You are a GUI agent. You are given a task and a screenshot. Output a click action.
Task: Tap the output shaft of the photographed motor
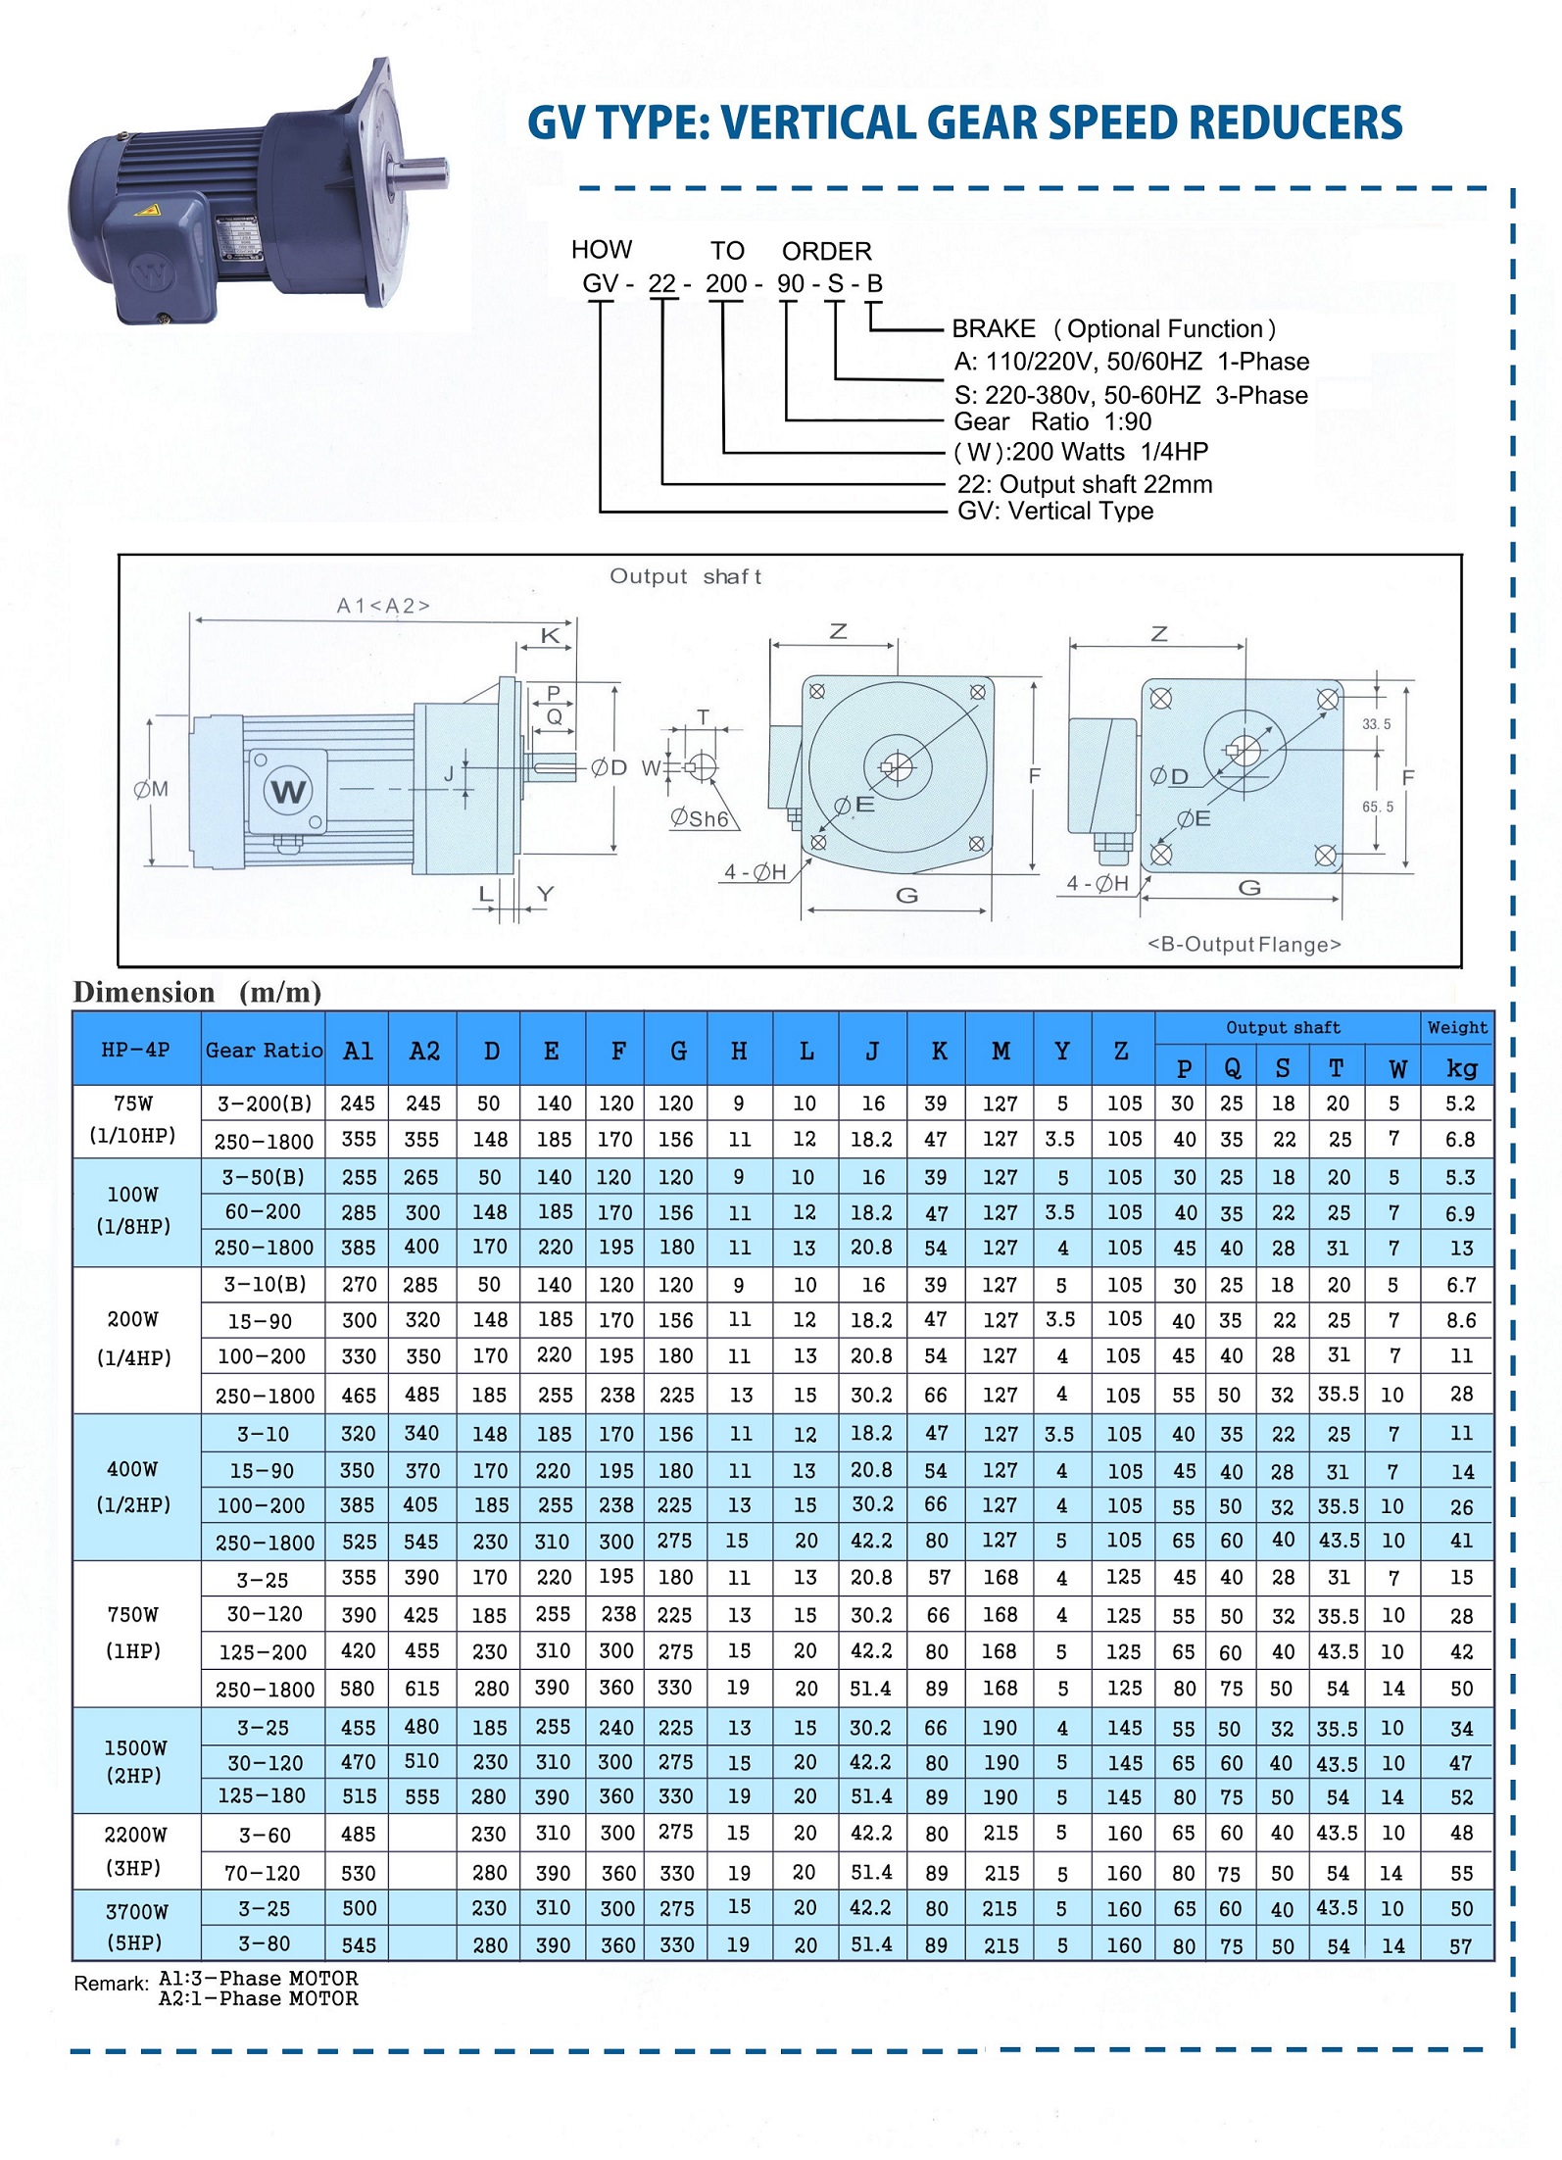point(420,174)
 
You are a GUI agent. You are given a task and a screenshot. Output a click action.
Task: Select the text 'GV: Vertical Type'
point(1055,511)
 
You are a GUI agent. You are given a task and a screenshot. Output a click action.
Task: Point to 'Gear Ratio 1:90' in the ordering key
point(1052,421)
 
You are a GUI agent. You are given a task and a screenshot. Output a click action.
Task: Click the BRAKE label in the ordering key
point(994,328)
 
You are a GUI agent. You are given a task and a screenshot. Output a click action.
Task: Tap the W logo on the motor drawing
point(288,791)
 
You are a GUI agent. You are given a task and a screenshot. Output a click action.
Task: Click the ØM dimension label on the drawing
point(151,789)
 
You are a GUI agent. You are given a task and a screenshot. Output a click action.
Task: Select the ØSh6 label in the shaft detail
point(700,818)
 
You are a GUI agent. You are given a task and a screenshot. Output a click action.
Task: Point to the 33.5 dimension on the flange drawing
point(1376,724)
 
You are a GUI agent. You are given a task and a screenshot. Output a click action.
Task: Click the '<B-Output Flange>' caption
point(1244,944)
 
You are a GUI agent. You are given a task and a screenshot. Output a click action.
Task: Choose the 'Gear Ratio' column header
point(264,1051)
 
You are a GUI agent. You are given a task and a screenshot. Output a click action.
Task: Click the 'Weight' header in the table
point(1457,1027)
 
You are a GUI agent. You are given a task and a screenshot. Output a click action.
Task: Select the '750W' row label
point(133,1614)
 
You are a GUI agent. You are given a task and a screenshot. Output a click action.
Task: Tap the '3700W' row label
point(136,1911)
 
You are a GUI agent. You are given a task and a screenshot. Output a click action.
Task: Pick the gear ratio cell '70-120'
point(262,1873)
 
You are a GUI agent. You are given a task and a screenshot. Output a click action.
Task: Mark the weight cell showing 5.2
point(1460,1103)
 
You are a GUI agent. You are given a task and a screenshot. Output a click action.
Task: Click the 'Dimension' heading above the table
point(144,992)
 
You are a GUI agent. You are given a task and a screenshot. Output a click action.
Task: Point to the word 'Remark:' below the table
point(111,1984)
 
